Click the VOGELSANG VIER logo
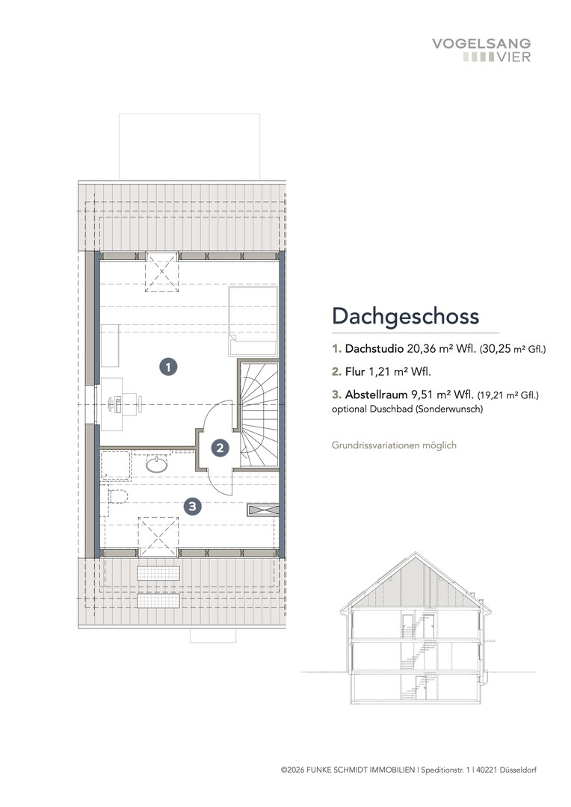tap(481, 50)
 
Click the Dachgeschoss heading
tap(405, 315)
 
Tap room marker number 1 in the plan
tap(169, 367)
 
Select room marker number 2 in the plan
tap(220, 448)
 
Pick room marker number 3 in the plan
tap(193, 507)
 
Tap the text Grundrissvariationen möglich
tap(394, 445)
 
